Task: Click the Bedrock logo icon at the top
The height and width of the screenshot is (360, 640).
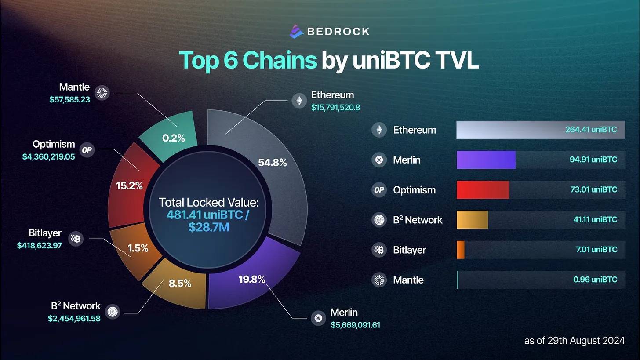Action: pyautogui.click(x=297, y=31)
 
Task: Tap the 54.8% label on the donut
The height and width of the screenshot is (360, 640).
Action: pyautogui.click(x=272, y=163)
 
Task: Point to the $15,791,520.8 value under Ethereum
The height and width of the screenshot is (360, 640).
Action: pyautogui.click(x=335, y=107)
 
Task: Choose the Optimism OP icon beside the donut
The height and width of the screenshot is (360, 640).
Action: pyautogui.click(x=87, y=150)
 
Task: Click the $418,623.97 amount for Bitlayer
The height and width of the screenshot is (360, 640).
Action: pyautogui.click(x=40, y=245)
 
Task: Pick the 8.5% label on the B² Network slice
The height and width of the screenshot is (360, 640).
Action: pyautogui.click(x=180, y=284)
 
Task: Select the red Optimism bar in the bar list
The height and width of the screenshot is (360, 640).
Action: pyautogui.click(x=483, y=190)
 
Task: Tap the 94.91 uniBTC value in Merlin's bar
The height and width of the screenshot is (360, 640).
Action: pyautogui.click(x=593, y=160)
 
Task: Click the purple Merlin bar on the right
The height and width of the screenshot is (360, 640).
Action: pyautogui.click(x=486, y=160)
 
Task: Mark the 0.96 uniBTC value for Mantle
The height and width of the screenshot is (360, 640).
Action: pyautogui.click(x=595, y=280)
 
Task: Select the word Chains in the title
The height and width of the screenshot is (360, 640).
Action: pyautogui.click(x=280, y=61)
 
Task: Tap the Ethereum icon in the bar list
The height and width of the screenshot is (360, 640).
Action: pyautogui.click(x=379, y=130)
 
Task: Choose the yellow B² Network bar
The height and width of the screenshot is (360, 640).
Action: pyautogui.click(x=472, y=220)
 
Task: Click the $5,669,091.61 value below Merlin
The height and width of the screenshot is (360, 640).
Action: pyautogui.click(x=355, y=325)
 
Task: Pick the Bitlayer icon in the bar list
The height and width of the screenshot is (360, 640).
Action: pyautogui.click(x=379, y=250)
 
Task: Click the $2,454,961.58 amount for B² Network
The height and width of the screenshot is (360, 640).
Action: pyautogui.click(x=74, y=318)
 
